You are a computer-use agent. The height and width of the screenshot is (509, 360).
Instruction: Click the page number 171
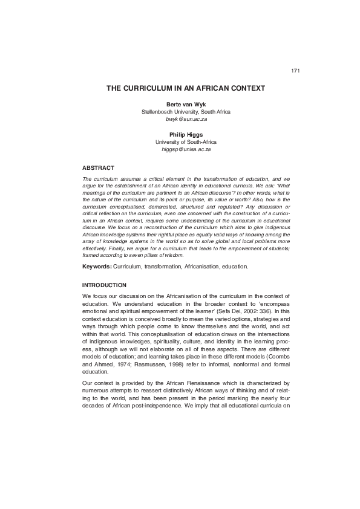(295, 71)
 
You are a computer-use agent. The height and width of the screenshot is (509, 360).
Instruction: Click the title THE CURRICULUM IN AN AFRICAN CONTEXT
(186, 88)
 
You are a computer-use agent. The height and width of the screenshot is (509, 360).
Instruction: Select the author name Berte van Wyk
(186, 105)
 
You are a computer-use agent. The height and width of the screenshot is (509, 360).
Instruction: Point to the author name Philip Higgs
(186, 134)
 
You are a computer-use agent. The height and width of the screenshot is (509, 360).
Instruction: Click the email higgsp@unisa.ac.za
(186, 149)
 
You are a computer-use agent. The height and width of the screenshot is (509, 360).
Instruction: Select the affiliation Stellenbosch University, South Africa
(186, 112)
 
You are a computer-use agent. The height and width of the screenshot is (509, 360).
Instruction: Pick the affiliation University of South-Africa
(186, 141)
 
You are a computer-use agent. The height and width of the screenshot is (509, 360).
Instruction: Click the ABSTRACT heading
(98, 167)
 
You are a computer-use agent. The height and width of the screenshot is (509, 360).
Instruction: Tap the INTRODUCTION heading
(104, 285)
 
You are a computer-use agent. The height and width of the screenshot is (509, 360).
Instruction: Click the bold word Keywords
(96, 267)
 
